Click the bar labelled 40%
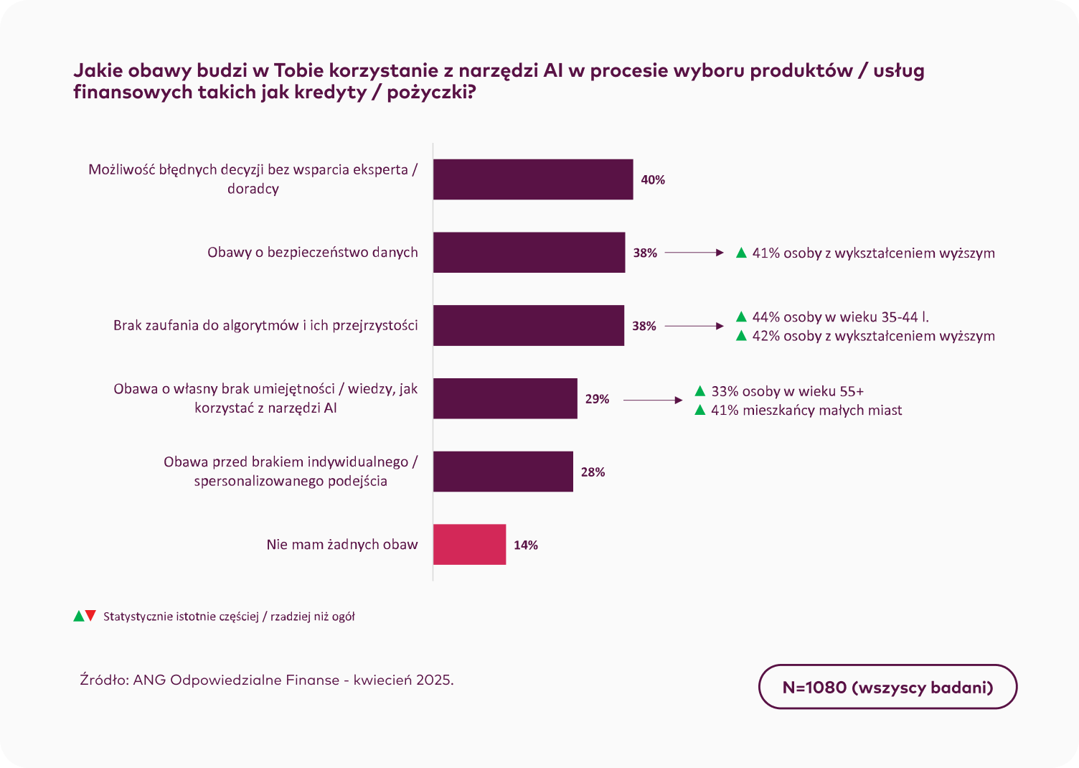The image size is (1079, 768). tap(532, 179)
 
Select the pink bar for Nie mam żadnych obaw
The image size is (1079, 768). tap(469, 545)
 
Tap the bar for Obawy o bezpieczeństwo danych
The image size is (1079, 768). tap(529, 253)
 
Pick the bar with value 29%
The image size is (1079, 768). tap(505, 398)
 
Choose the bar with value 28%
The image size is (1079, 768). tap(503, 472)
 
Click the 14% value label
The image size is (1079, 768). tap(526, 545)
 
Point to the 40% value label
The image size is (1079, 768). tap(653, 180)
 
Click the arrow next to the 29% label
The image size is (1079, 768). tap(653, 400)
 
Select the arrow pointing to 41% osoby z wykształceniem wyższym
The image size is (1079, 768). tap(694, 253)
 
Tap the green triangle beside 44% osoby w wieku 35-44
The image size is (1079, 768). tap(742, 317)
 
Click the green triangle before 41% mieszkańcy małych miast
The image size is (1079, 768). tap(700, 410)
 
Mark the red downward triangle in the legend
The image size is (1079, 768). tap(90, 616)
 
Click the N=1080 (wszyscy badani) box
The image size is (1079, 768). tap(887, 687)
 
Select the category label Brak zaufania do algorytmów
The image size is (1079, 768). tap(265, 325)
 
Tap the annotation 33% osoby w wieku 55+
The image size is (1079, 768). tap(787, 391)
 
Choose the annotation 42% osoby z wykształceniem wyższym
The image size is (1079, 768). tap(873, 336)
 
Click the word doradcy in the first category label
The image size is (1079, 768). tap(253, 189)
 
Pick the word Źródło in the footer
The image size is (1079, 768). tap(104, 680)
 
